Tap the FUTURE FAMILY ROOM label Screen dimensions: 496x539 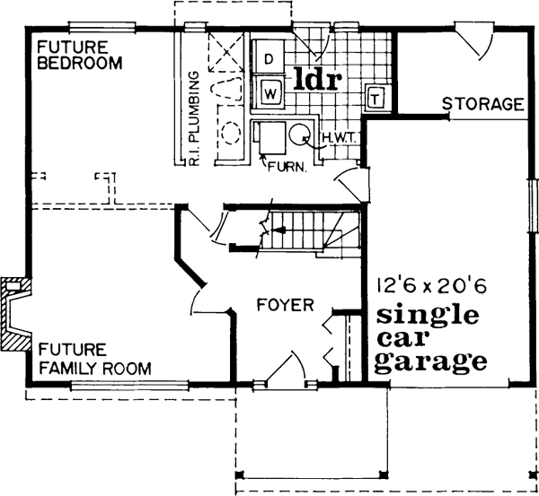(92, 359)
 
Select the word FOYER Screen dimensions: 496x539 (285, 305)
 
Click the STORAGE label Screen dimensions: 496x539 (482, 105)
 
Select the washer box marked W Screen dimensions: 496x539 (270, 90)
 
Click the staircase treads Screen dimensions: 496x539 (310, 230)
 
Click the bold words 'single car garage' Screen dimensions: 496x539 (428, 340)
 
